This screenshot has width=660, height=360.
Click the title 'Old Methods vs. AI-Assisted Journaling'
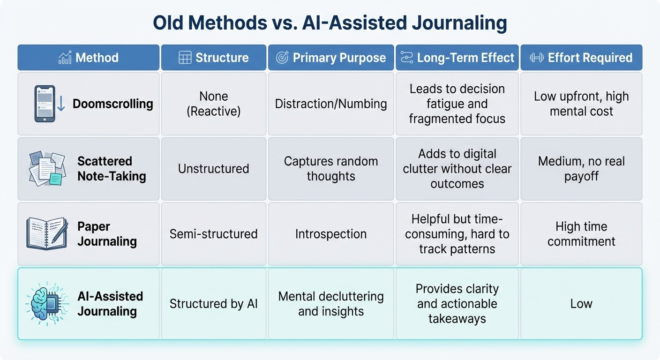(x=330, y=23)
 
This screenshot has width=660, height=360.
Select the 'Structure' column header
(x=214, y=58)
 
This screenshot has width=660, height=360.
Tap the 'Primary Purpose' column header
(x=331, y=58)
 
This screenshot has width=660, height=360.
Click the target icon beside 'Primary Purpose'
(x=282, y=58)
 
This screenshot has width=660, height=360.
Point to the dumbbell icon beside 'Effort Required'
(x=537, y=58)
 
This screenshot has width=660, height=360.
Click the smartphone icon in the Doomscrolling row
(x=45, y=104)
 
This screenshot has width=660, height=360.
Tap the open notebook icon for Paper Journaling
(x=47, y=233)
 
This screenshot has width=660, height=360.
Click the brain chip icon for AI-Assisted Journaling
(x=47, y=303)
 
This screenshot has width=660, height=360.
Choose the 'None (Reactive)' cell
(x=214, y=104)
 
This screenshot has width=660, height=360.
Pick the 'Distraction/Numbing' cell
(x=331, y=104)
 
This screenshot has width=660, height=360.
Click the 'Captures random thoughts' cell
(x=331, y=169)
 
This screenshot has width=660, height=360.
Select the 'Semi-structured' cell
(x=214, y=233)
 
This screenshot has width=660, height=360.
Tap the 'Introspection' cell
(x=331, y=233)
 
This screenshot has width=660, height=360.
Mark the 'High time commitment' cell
(x=581, y=233)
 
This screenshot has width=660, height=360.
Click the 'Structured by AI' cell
(x=214, y=303)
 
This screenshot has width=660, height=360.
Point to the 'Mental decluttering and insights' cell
(x=331, y=303)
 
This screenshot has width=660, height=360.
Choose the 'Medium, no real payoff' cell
(x=581, y=169)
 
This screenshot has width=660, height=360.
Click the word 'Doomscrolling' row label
(x=112, y=104)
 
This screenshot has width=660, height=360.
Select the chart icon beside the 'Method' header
(x=65, y=58)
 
